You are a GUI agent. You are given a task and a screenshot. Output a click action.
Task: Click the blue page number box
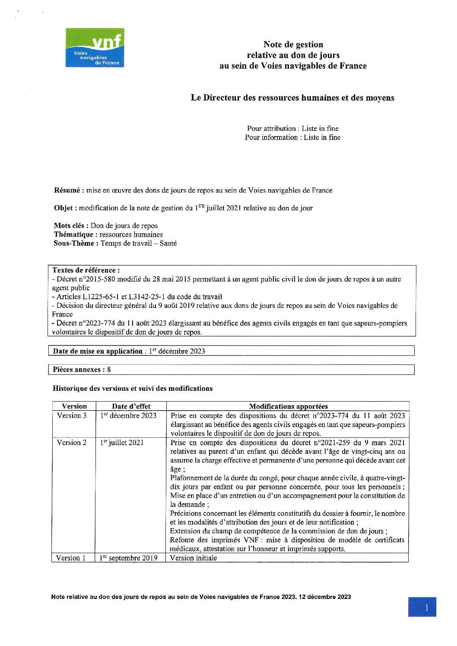(422, 607)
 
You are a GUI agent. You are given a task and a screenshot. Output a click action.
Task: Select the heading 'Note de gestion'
(293, 44)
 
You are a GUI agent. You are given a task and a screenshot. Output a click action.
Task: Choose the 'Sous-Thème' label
(76, 243)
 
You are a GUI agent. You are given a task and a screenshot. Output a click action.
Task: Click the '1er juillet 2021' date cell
(122, 442)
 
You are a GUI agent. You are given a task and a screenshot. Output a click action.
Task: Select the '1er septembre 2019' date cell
(128, 557)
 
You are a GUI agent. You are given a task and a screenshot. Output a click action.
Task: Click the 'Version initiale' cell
(194, 557)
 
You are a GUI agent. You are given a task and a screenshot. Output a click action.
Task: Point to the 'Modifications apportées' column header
(289, 406)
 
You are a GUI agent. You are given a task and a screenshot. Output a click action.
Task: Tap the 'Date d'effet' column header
(131, 406)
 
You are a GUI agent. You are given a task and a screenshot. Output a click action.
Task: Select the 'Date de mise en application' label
(98, 351)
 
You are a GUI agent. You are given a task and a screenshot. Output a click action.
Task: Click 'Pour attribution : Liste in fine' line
(292, 128)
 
